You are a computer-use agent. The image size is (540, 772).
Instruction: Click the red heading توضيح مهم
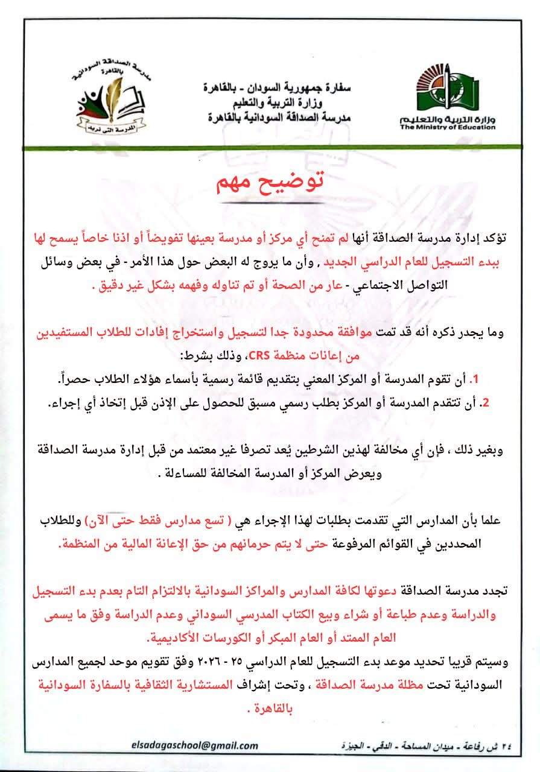(270, 183)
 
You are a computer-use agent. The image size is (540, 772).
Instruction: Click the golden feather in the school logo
(114, 96)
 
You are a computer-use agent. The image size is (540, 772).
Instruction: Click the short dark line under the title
(270, 203)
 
